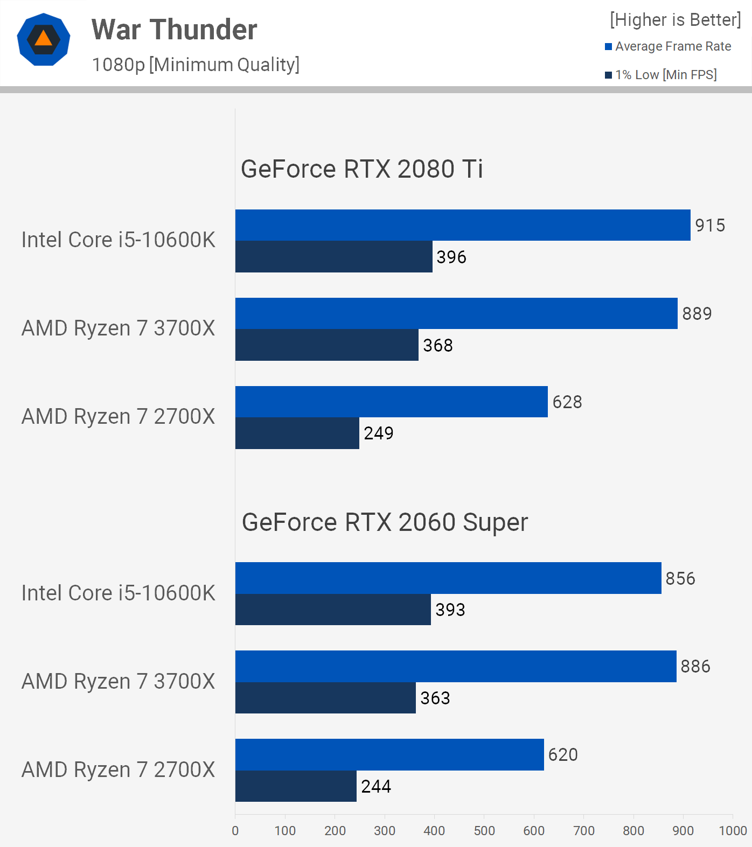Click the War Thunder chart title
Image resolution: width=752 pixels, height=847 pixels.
tap(174, 30)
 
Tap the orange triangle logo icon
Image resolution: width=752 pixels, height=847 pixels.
tap(44, 39)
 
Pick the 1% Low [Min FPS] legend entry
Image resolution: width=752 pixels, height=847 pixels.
tap(661, 75)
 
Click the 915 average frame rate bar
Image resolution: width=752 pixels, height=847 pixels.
tap(462, 225)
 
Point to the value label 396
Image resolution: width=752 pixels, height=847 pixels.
tap(451, 257)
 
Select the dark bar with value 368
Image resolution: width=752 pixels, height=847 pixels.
tap(326, 345)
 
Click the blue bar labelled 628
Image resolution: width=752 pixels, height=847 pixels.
tap(391, 402)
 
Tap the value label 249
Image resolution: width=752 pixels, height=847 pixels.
tap(379, 433)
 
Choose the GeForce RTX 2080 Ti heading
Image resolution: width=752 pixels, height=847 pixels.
tap(361, 169)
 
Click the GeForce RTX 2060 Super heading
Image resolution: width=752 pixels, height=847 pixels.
tap(385, 522)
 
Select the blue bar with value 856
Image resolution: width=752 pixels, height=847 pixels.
tap(448, 578)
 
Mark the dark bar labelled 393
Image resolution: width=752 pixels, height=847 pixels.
tap(333, 610)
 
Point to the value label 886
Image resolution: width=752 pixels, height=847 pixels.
tap(695, 667)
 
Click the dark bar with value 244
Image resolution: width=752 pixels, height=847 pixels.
tap(296, 786)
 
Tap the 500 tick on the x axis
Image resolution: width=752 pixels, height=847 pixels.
tap(484, 831)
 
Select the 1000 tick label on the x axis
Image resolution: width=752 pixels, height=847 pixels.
tap(733, 831)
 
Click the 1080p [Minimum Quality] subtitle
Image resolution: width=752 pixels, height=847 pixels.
tap(196, 65)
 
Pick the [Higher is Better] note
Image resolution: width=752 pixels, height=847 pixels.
tap(676, 20)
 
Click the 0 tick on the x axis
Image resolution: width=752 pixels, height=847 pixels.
tap(235, 831)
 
